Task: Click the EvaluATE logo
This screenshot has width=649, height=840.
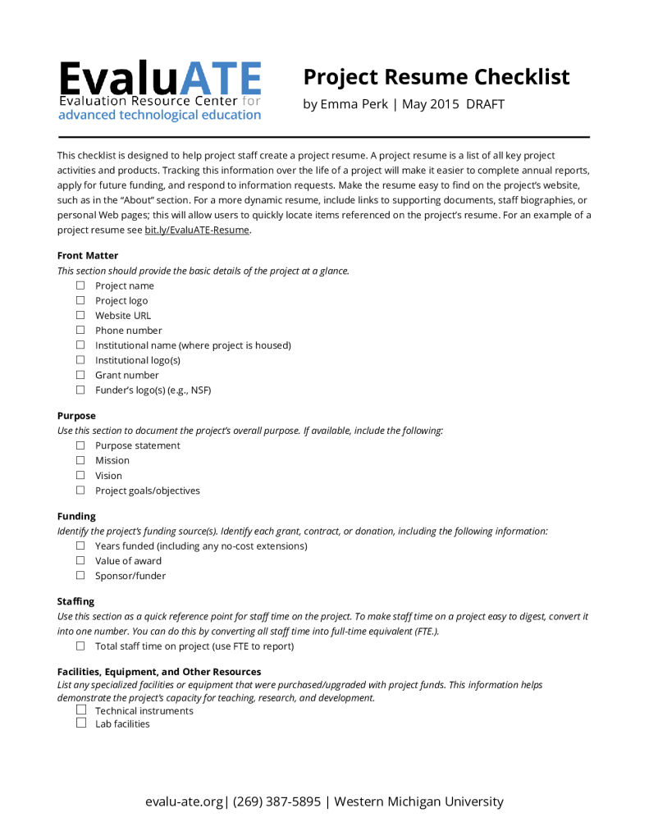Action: (159, 91)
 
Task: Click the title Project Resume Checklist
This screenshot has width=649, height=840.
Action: (436, 77)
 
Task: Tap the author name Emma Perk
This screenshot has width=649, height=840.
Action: (353, 104)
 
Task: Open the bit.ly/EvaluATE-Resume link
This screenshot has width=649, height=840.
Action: (197, 230)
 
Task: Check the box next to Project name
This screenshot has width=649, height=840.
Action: (80, 285)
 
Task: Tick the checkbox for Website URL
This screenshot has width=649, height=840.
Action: (80, 315)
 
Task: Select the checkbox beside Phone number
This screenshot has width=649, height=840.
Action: (80, 330)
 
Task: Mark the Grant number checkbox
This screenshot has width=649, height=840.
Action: (80, 375)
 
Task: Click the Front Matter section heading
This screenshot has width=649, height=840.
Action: (88, 256)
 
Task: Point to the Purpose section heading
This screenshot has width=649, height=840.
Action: (76, 416)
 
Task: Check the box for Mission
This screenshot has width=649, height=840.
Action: (80, 460)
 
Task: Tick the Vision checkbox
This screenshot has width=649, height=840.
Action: (80, 475)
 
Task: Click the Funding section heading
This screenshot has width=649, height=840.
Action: (76, 516)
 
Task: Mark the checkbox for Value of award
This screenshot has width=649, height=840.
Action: (80, 561)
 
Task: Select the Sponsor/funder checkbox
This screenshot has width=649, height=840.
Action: (80, 576)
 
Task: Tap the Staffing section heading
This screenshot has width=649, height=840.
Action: (75, 601)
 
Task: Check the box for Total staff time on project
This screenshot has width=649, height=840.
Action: (80, 646)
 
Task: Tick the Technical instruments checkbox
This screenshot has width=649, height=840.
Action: (80, 710)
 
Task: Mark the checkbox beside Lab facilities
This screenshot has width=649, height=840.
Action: (80, 724)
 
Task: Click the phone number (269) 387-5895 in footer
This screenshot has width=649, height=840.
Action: (277, 801)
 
